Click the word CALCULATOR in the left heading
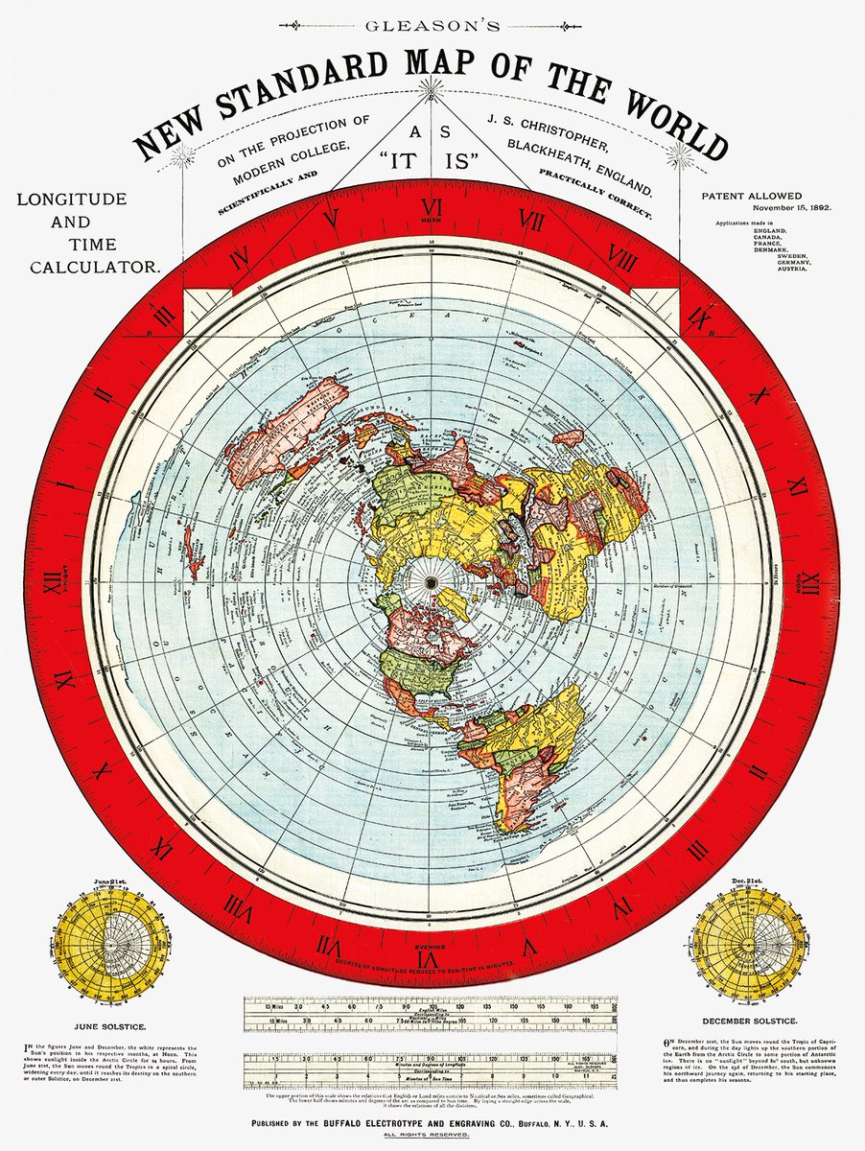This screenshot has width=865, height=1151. coord(94,267)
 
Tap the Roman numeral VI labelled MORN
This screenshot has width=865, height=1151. coord(432,208)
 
